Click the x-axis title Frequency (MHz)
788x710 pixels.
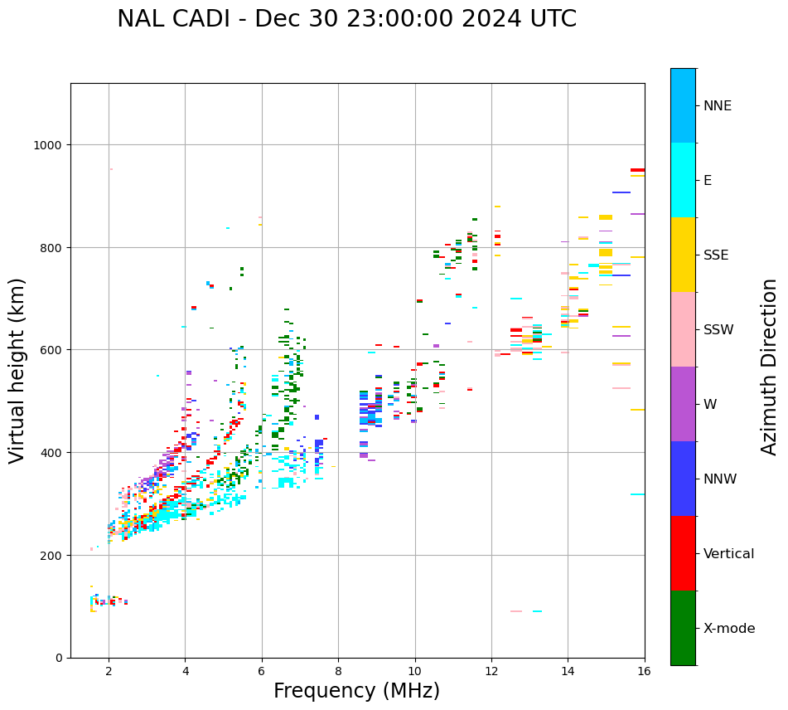pyautogui.click(x=356, y=691)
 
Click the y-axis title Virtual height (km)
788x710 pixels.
pyautogui.click(x=17, y=371)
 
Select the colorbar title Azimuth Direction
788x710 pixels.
pyautogui.click(x=770, y=367)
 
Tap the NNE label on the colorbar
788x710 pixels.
pyautogui.click(x=718, y=105)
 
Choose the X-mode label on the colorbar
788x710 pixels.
pyautogui.click(x=729, y=629)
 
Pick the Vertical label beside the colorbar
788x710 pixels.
pyautogui.click(x=729, y=554)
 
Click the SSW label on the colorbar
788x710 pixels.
pyautogui.click(x=718, y=330)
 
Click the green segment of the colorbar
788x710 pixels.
pyautogui.click(x=683, y=628)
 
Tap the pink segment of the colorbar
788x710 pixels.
pyautogui.click(x=683, y=329)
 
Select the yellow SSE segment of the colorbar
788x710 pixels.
pyautogui.click(x=683, y=255)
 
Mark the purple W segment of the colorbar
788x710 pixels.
pyautogui.click(x=683, y=404)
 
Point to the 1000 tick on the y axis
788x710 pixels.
pyautogui.click(x=52, y=145)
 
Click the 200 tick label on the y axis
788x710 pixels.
pyautogui.click(x=56, y=555)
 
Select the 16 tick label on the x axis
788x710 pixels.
pyautogui.click(x=644, y=673)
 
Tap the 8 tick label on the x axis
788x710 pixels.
pyautogui.click(x=338, y=673)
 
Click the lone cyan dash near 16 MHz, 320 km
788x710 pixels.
pyautogui.click(x=637, y=494)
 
